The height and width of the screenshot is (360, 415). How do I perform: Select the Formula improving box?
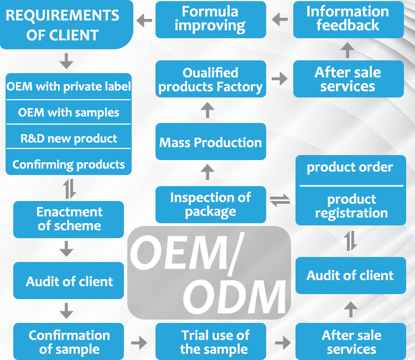coord(210,19)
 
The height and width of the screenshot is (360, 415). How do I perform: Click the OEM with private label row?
coord(69,86)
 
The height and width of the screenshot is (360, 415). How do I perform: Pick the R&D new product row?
coord(69,138)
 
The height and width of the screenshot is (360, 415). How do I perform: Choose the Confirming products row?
coord(69,164)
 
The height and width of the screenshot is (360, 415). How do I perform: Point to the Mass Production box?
coord(210,142)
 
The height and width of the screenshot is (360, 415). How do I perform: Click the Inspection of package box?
coord(210,204)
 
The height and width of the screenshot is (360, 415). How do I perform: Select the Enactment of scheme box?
coord(69,219)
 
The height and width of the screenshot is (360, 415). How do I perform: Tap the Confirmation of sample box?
coord(69,342)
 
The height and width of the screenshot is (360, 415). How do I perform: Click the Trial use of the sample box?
coord(215,342)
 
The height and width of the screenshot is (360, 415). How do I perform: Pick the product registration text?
coord(350,206)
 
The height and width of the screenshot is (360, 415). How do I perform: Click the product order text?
coord(350,167)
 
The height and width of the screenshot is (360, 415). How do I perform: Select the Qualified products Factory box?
coord(210,80)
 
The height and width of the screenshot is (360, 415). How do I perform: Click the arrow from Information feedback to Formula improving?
coord(280,20)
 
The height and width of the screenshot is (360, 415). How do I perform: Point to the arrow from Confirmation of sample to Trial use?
coord(139,343)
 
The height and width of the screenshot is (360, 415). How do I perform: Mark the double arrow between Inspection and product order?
coord(280,200)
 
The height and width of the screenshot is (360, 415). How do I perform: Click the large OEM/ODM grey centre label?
coord(209,272)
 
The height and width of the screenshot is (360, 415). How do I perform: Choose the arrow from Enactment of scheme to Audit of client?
coord(66,248)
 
